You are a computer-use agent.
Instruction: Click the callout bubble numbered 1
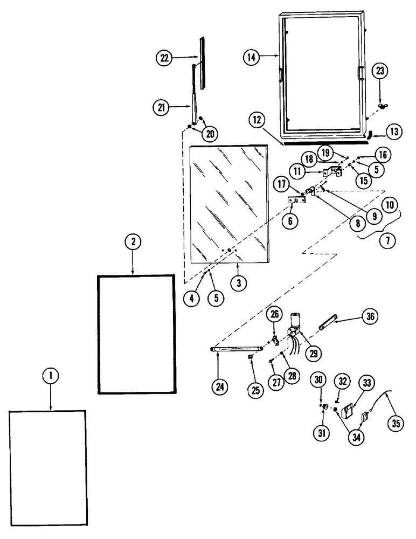pyautogui.click(x=50, y=377)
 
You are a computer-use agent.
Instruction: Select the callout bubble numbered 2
pyautogui.click(x=132, y=243)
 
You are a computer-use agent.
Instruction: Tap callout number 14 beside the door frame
pyautogui.click(x=250, y=57)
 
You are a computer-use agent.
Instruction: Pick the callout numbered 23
pyautogui.click(x=381, y=71)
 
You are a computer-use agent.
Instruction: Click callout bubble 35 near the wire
pyautogui.click(x=396, y=423)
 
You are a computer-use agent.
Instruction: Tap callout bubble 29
pyautogui.click(x=313, y=354)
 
